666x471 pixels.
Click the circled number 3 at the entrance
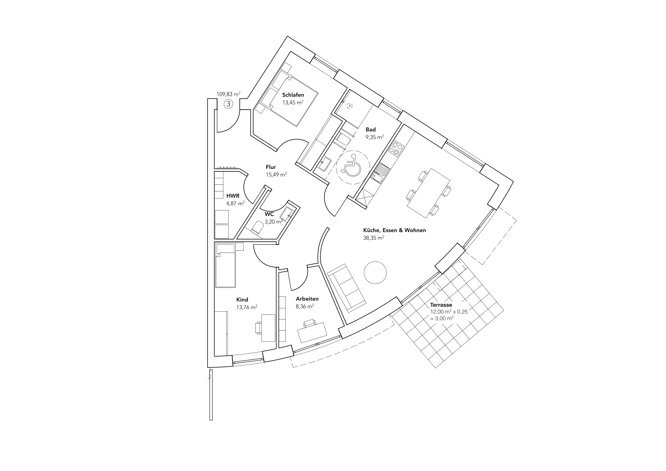coord(229,104)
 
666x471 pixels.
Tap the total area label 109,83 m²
coord(229,94)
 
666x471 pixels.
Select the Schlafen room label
coord(293,95)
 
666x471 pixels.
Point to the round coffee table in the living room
coord(375,272)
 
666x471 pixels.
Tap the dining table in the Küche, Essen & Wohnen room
coord(429,193)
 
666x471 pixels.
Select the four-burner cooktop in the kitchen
coord(396,147)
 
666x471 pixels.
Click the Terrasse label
coord(441,305)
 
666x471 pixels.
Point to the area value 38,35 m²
coord(374,238)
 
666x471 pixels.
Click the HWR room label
coord(233,196)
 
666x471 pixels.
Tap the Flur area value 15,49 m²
coord(276,175)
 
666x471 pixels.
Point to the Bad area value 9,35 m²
coord(375,137)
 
